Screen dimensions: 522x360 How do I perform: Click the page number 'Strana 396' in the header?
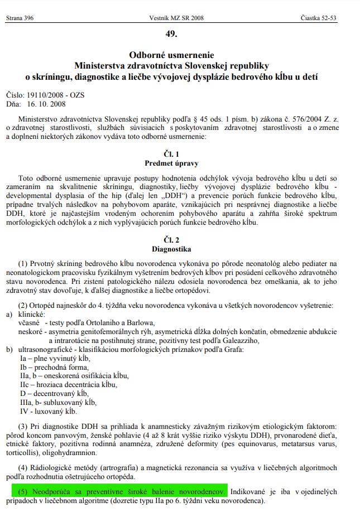click(20, 18)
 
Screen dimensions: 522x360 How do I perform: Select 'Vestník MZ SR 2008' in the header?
click(177, 18)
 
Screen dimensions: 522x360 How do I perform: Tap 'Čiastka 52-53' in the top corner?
click(318, 18)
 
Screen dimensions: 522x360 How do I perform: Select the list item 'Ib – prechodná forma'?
click(54, 367)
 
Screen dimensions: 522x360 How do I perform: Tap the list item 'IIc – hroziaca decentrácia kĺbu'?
click(68, 385)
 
